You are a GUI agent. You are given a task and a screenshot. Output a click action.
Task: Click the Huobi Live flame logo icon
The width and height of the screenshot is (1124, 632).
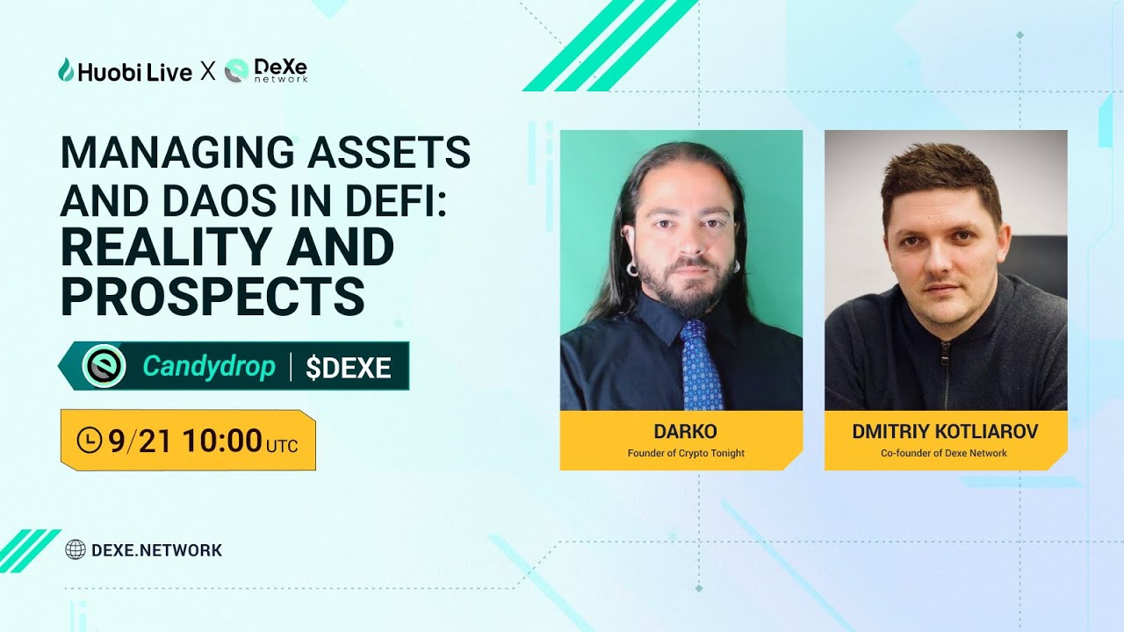[66, 70]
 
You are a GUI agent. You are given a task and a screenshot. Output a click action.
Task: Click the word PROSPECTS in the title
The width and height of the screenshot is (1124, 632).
[213, 296]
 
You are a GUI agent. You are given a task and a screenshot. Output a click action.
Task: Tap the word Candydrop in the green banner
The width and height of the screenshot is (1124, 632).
[209, 366]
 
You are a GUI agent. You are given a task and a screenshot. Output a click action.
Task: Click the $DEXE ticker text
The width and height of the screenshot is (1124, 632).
[348, 368]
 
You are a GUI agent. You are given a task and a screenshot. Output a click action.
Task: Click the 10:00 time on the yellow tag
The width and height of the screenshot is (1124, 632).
[222, 441]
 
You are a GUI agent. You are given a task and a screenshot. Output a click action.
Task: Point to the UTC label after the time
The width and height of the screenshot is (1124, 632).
[282, 445]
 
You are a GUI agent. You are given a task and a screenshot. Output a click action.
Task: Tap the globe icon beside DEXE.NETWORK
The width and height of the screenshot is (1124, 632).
[76, 550]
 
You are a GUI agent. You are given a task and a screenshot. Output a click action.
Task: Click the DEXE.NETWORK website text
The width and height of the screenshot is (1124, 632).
[156, 550]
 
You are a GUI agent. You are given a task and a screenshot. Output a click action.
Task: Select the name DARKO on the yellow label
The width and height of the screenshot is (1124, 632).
[681, 431]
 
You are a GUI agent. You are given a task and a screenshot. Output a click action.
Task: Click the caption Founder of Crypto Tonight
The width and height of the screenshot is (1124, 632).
[681, 453]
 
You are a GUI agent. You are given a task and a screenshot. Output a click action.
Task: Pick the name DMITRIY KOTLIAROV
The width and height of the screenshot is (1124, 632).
[945, 431]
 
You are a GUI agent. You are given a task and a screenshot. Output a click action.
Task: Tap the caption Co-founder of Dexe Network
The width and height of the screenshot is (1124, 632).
[944, 453]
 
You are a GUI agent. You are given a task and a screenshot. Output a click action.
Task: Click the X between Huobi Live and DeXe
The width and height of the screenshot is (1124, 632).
[208, 71]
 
